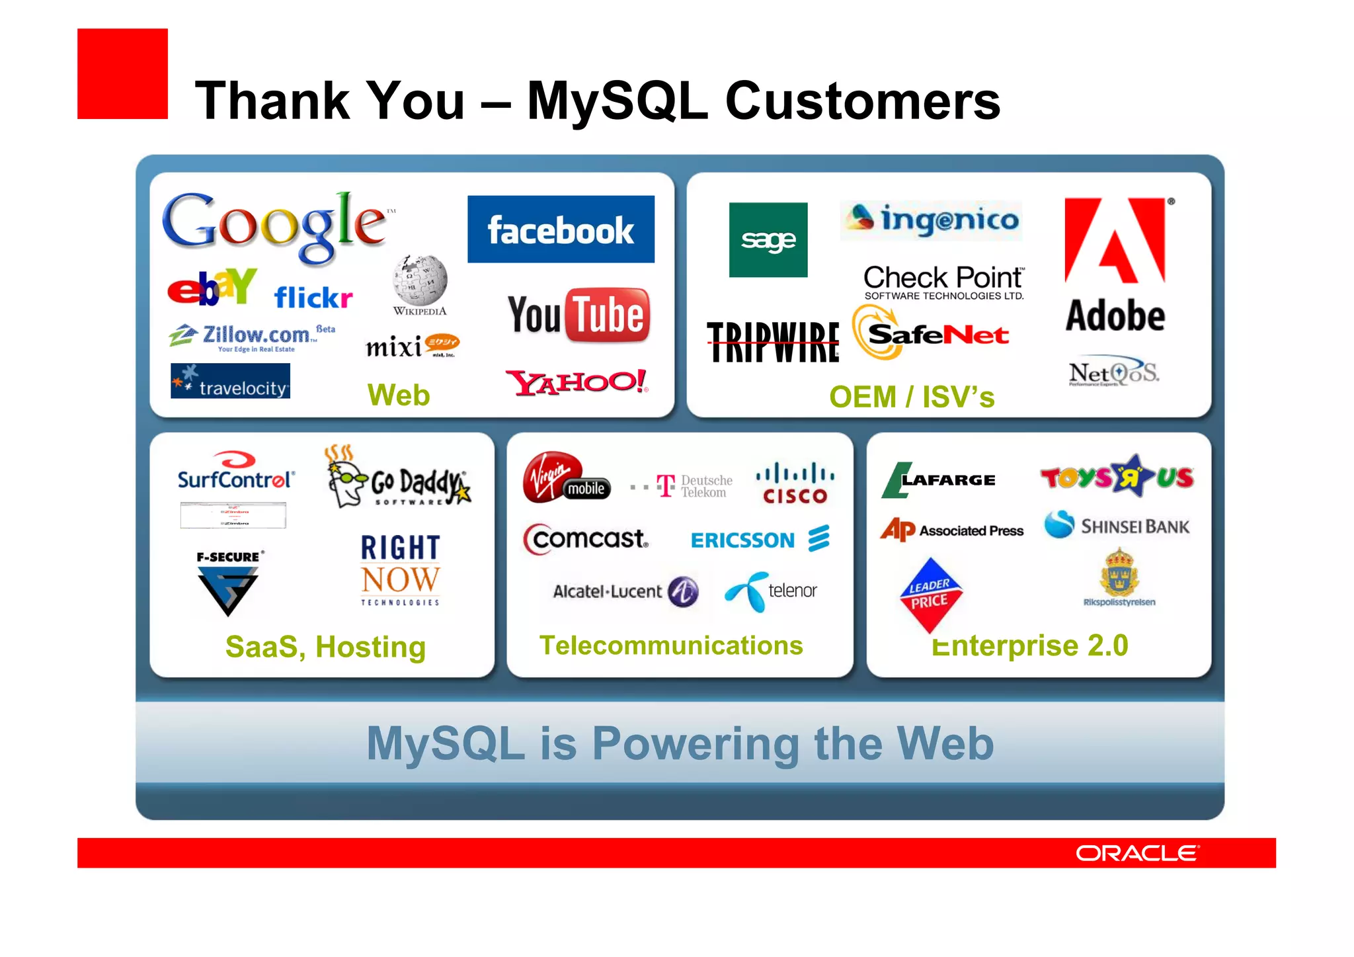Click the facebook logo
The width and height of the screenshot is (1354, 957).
(561, 229)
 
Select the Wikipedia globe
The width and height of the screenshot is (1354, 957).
(420, 280)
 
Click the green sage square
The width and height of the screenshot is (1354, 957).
(768, 240)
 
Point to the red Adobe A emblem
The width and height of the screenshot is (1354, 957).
(1115, 241)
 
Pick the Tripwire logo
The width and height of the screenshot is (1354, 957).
(773, 342)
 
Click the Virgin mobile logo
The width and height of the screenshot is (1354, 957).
(565, 478)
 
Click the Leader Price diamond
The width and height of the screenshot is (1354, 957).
(930, 595)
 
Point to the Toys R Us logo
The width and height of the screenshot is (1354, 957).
(1117, 476)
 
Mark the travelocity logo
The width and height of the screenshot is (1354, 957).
(230, 382)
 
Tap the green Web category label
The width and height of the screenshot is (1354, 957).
(399, 395)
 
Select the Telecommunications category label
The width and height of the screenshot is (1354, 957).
(671, 645)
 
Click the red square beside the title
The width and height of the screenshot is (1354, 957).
(122, 73)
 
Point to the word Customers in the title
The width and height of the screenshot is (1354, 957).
(863, 101)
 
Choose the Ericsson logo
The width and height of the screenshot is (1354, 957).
(760, 540)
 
